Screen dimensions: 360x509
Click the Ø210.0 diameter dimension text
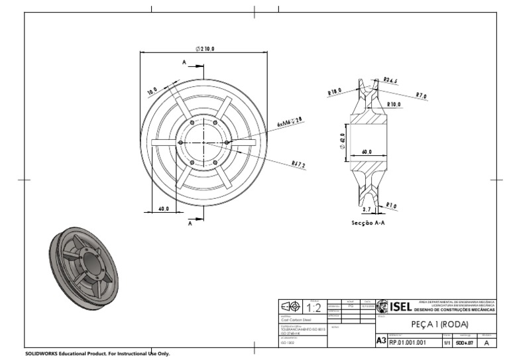click(x=205, y=48)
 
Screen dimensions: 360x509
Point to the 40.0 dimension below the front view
click(x=163, y=209)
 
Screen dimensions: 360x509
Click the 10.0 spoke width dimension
click(x=152, y=91)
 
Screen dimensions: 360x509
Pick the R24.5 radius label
click(x=390, y=80)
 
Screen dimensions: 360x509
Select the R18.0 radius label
click(x=334, y=92)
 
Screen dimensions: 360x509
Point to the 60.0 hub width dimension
click(x=367, y=152)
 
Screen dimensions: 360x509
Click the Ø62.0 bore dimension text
click(x=343, y=141)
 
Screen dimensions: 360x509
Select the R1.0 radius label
click(x=391, y=206)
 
